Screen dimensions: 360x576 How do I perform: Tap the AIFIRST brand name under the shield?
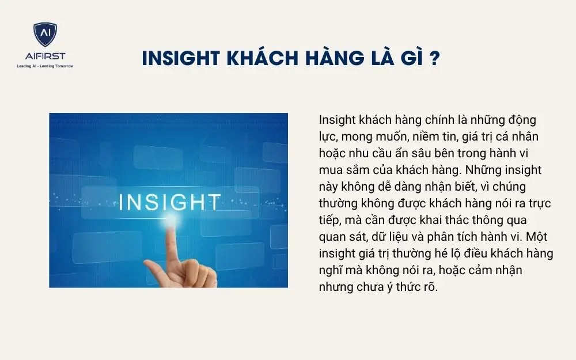click(x=45, y=56)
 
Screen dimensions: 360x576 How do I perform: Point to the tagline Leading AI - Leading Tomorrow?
click(x=45, y=66)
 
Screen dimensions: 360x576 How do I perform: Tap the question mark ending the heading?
click(x=435, y=59)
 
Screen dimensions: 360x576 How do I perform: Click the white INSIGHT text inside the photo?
click(x=169, y=202)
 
